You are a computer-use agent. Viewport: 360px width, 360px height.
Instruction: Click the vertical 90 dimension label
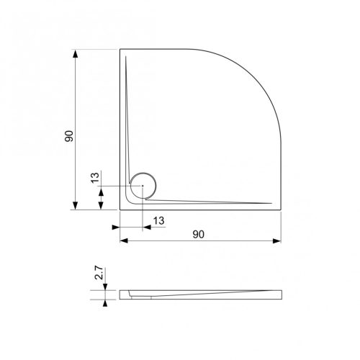pos(69,136)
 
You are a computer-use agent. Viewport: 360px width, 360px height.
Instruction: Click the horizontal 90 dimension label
pos(199,235)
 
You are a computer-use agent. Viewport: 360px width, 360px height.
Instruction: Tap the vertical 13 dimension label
pos(95,178)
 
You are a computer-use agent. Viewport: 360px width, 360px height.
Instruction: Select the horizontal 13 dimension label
pos(158,221)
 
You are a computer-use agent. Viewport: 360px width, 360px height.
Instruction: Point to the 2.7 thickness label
pos(99,273)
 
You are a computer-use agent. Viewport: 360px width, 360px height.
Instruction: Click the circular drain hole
pos(143,185)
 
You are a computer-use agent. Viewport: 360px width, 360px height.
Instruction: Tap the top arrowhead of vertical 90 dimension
pos(76,54)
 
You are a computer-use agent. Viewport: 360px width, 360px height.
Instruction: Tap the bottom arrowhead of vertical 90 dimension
pos(76,205)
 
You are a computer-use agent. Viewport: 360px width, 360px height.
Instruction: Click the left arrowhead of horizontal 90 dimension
pos(124,240)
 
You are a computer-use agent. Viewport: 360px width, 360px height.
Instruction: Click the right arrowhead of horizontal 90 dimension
pos(276,240)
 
